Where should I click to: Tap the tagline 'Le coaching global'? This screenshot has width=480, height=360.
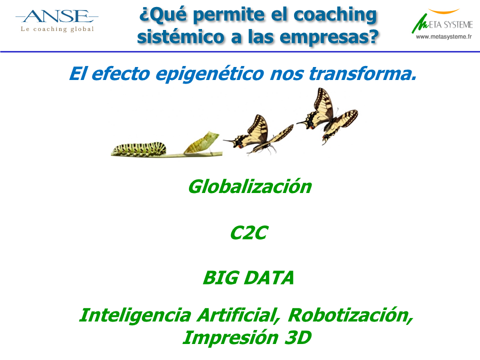[57, 29]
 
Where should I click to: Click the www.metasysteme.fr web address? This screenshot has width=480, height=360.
[443, 36]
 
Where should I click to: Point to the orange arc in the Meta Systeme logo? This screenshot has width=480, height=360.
[443, 11]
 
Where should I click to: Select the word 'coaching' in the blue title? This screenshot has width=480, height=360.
[335, 15]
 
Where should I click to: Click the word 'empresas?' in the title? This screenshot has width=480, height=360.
[329, 36]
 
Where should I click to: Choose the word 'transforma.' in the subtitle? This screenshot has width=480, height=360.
[363, 74]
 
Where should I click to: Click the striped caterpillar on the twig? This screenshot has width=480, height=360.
[139, 148]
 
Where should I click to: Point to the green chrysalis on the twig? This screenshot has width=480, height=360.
[201, 142]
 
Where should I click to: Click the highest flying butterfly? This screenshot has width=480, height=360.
[327, 115]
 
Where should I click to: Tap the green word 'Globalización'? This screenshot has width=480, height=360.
[250, 186]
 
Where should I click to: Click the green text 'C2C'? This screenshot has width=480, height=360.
[249, 233]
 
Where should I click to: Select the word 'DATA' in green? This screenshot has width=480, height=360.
[269, 277]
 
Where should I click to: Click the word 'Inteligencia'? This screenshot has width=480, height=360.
[135, 315]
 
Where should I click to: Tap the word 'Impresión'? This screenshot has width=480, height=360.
[230, 337]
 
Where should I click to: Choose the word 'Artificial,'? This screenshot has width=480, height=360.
[239, 315]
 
